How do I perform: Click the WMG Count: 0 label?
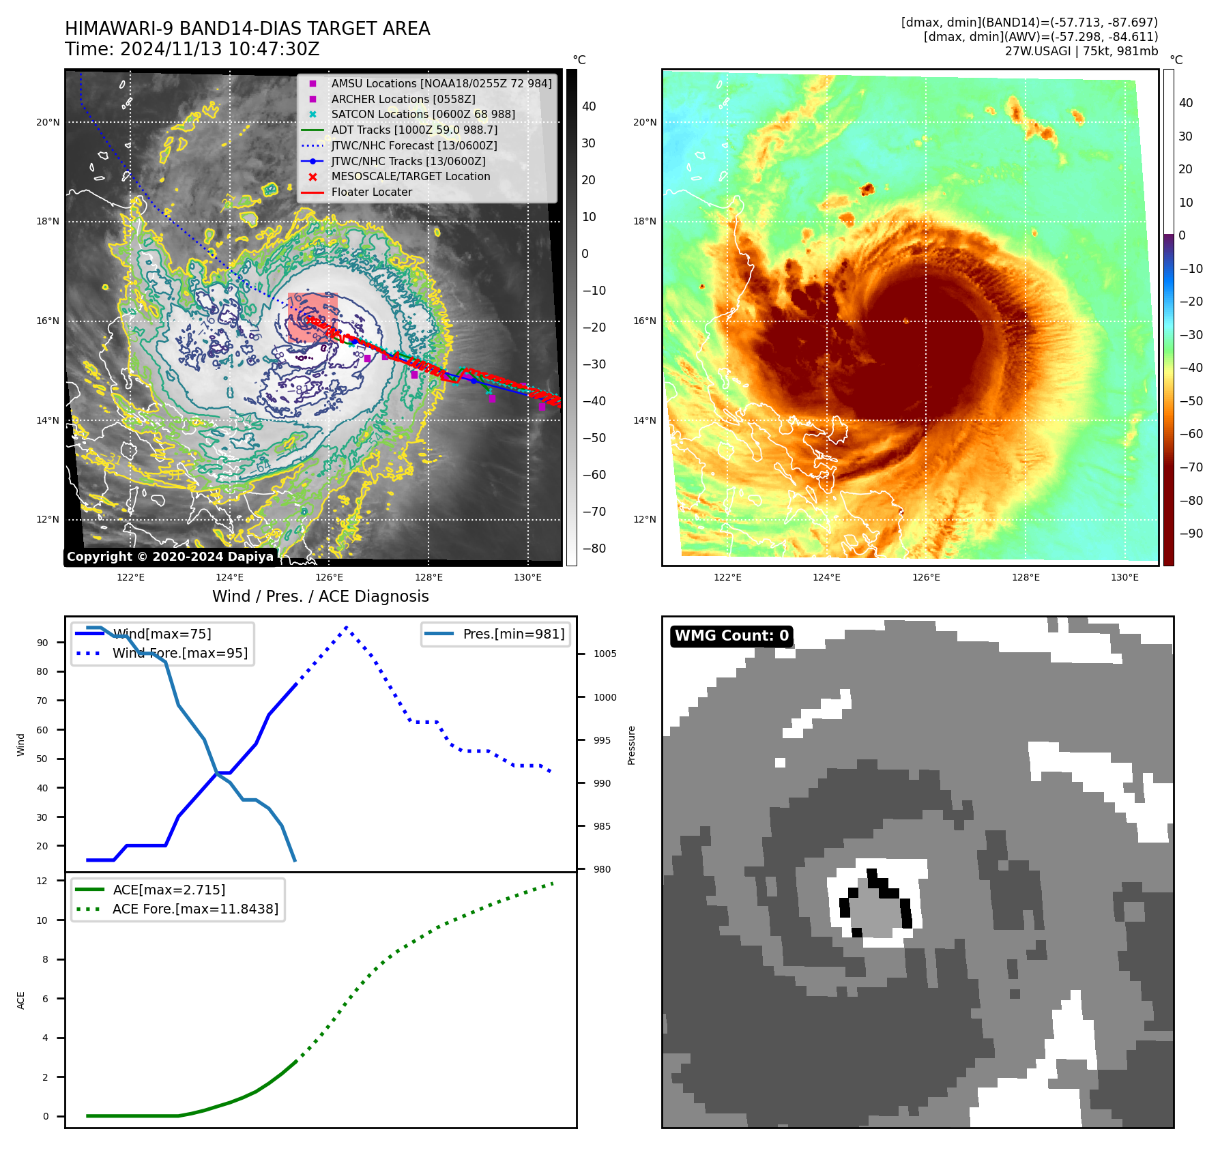click(x=731, y=636)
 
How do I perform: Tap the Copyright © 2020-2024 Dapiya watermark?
click(x=170, y=557)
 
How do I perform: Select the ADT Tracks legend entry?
click(x=414, y=130)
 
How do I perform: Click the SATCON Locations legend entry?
click(x=423, y=114)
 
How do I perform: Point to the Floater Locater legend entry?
click(x=371, y=192)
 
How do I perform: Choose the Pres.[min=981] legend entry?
click(x=513, y=634)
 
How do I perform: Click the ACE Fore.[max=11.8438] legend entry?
click(x=195, y=909)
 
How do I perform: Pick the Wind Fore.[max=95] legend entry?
click(x=180, y=653)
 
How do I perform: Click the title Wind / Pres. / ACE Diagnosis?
click(x=321, y=596)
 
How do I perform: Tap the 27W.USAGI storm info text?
click(x=1081, y=51)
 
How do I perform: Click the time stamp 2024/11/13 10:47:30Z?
click(x=219, y=49)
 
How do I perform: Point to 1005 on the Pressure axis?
click(x=605, y=654)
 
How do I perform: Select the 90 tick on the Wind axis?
click(x=43, y=643)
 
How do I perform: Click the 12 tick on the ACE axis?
click(x=42, y=881)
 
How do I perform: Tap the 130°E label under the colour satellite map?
click(x=1124, y=577)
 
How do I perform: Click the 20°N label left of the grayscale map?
click(x=48, y=123)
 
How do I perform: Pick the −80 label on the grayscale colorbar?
click(x=594, y=549)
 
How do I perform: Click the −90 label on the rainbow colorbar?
click(x=1191, y=534)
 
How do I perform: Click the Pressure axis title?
click(x=631, y=745)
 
